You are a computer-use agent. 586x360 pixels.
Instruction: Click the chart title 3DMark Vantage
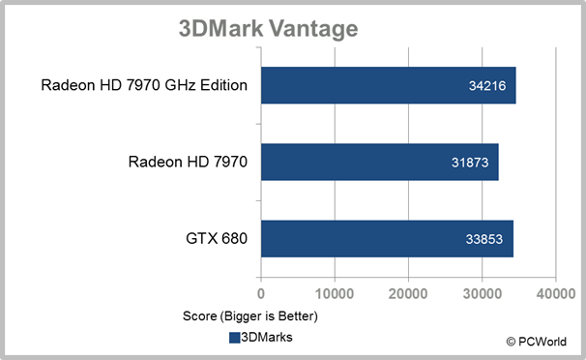268,29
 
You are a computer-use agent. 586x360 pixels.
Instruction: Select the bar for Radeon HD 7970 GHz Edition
389,85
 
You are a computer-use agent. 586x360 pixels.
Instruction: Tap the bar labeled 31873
380,162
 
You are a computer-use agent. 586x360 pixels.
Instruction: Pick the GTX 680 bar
387,239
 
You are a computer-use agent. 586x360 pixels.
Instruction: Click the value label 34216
487,86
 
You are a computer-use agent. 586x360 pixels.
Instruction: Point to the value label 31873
470,163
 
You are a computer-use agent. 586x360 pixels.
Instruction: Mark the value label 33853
483,239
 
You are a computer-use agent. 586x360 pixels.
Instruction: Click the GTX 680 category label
217,238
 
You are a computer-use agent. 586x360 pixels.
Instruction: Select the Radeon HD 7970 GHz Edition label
144,85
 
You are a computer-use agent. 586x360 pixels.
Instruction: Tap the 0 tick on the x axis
261,294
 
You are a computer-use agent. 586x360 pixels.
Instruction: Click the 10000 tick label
335,294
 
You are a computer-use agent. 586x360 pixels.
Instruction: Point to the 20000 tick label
408,294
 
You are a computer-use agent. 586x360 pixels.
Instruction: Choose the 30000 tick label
483,294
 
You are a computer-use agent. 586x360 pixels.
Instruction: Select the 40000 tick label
556,294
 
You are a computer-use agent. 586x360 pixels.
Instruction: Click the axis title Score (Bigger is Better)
250,316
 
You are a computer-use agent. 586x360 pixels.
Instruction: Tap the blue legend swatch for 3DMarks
234,338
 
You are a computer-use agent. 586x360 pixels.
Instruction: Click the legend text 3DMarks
267,337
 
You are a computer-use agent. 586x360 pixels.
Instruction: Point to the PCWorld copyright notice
537,342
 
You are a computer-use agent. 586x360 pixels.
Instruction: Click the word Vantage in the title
313,29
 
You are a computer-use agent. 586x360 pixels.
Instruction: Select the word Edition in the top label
224,85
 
